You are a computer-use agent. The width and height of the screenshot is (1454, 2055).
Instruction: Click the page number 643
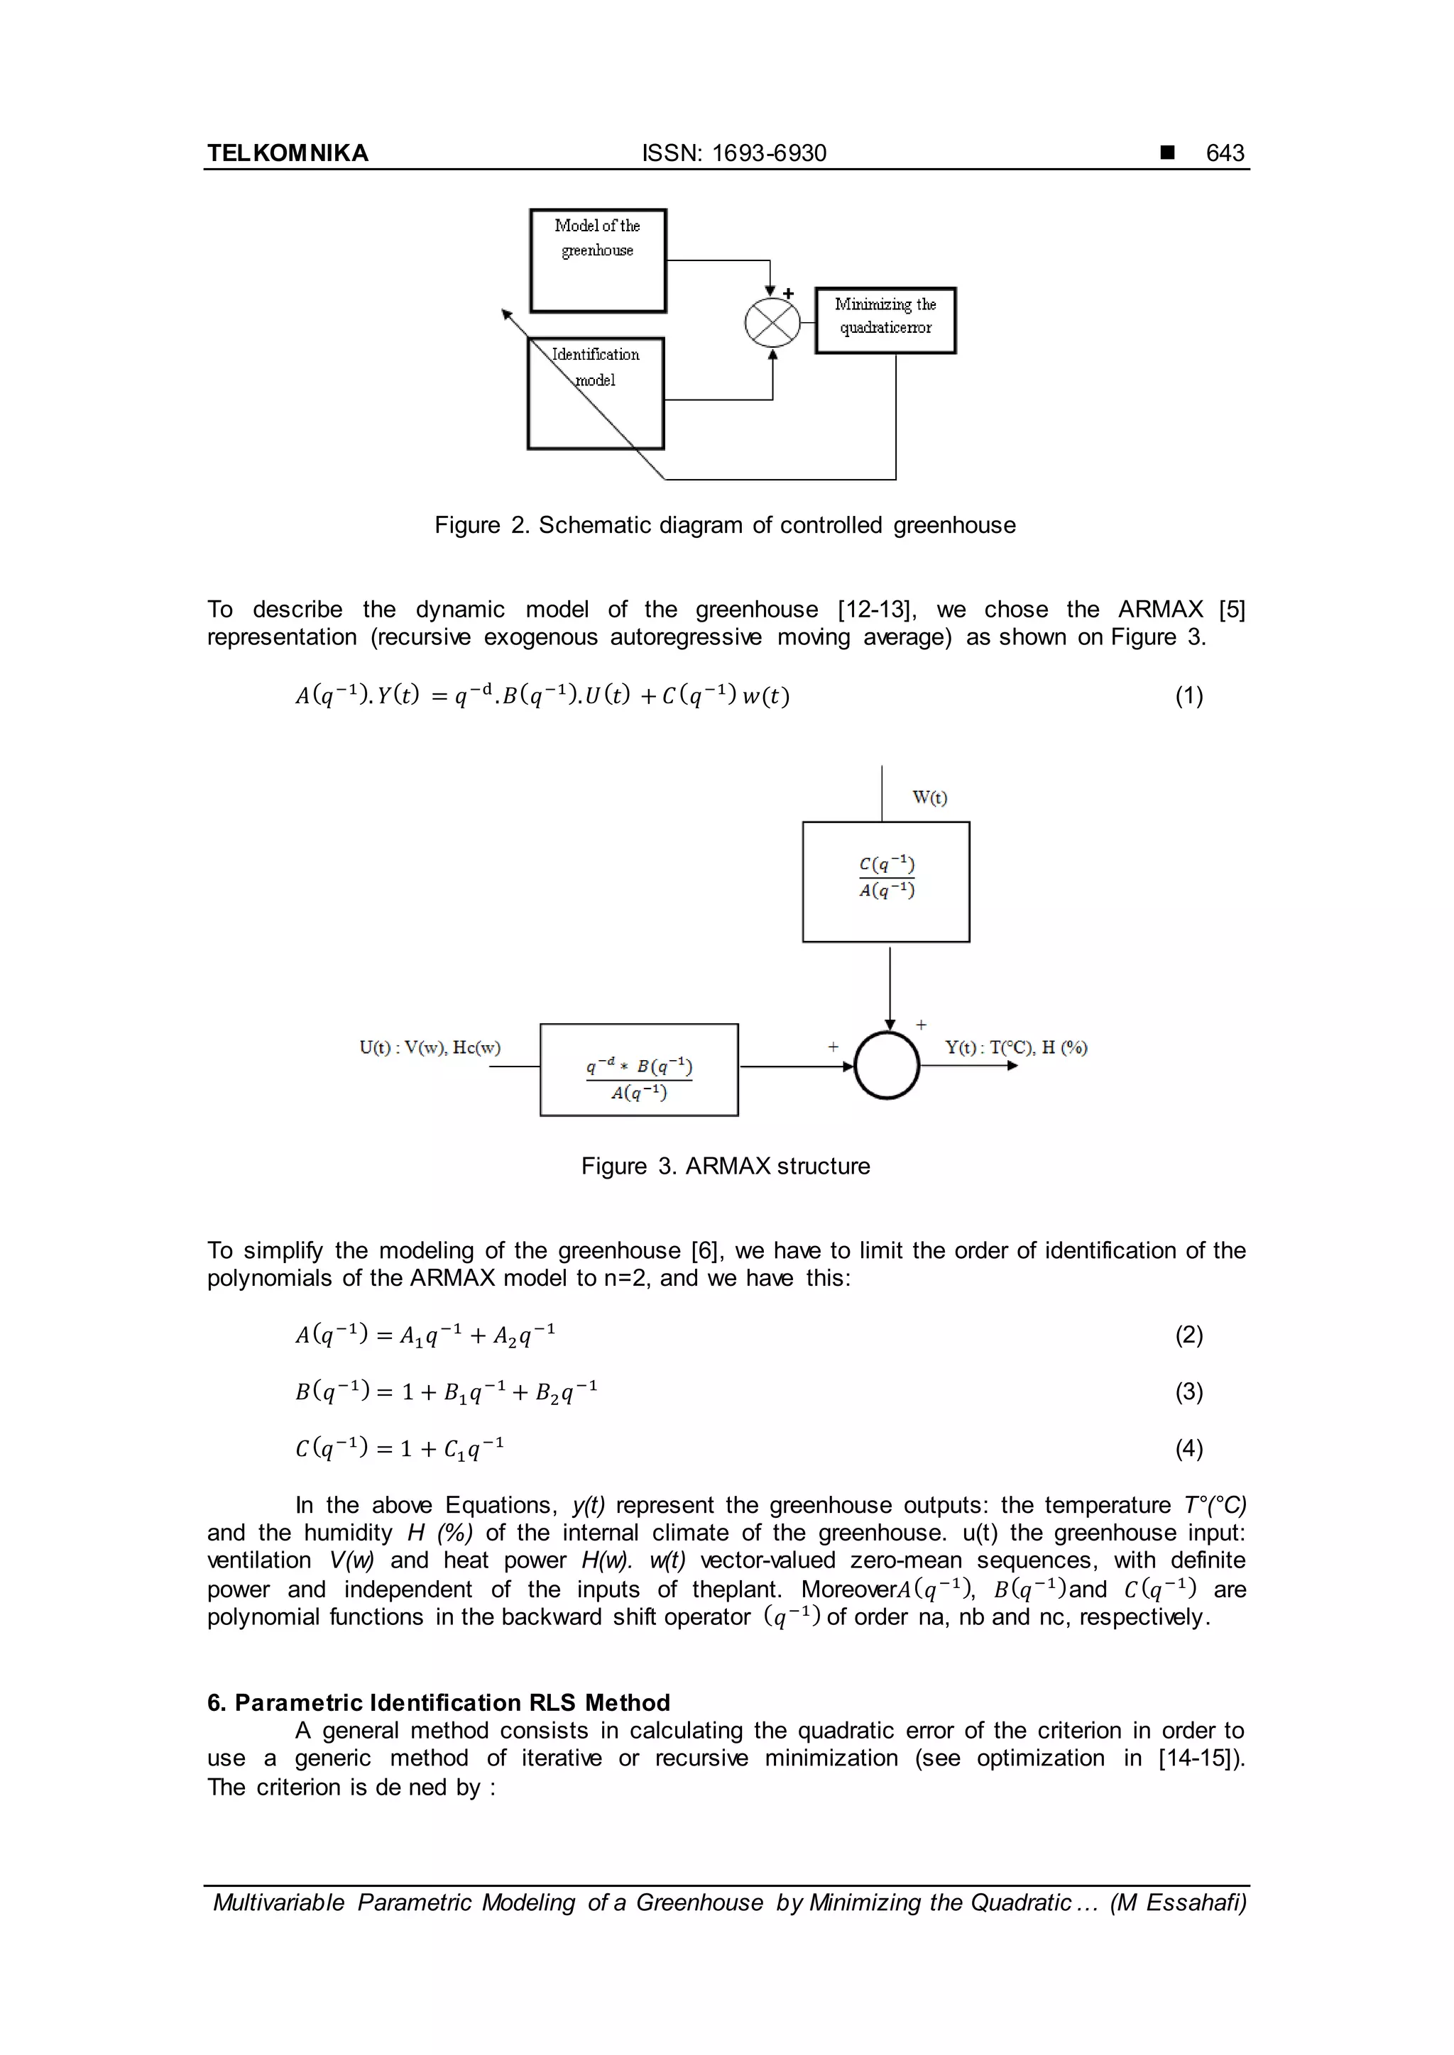pyautogui.click(x=1224, y=153)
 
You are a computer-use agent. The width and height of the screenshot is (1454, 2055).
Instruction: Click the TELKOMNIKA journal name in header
pyautogui.click(x=288, y=153)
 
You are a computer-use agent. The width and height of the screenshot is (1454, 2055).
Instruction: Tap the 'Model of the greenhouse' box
pyautogui.click(x=597, y=260)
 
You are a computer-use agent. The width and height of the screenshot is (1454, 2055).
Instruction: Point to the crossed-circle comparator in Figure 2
pyautogui.click(x=772, y=322)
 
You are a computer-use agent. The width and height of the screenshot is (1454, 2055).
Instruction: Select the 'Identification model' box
pyautogui.click(x=596, y=394)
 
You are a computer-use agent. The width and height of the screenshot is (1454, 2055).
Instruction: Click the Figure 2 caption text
pyautogui.click(x=724, y=525)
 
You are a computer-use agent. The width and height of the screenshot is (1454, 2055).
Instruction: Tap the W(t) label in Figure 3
pyautogui.click(x=929, y=798)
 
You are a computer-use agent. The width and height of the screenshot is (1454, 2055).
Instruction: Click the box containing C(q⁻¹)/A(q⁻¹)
pyautogui.click(x=885, y=881)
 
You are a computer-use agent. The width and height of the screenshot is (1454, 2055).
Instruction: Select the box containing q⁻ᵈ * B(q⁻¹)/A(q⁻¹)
pyautogui.click(x=638, y=1069)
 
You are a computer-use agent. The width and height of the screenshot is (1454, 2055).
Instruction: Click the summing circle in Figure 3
pyautogui.click(x=886, y=1066)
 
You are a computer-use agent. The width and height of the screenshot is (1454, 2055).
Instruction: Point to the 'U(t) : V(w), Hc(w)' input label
pyautogui.click(x=430, y=1047)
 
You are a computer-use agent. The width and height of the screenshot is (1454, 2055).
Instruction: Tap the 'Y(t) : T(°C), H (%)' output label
pyautogui.click(x=1016, y=1047)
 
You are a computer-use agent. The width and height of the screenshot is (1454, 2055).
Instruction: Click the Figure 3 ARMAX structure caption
pyautogui.click(x=724, y=1167)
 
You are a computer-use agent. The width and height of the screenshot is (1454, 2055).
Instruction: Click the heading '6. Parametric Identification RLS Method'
pyautogui.click(x=438, y=1702)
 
